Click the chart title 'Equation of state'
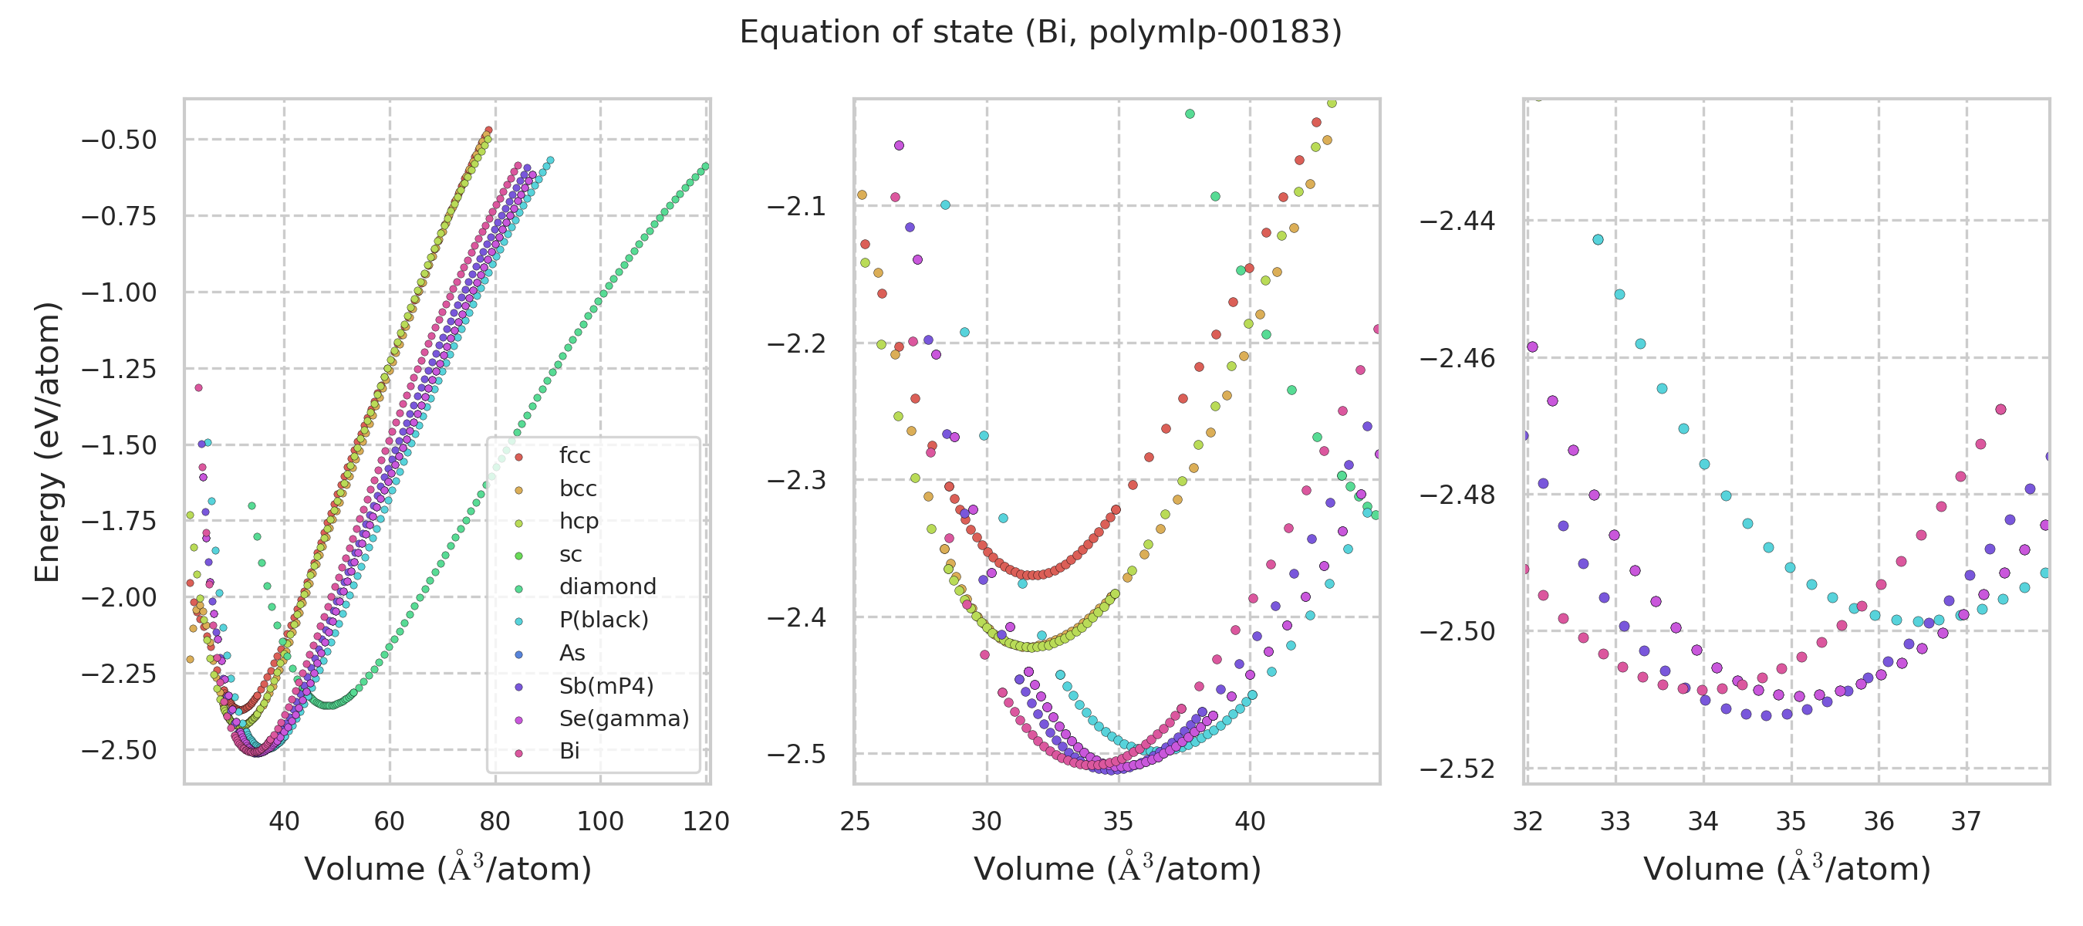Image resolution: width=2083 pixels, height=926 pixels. [1040, 32]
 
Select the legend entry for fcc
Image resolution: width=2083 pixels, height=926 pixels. [574, 455]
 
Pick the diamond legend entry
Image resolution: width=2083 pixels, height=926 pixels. [607, 586]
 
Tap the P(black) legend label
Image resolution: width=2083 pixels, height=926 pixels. [603, 620]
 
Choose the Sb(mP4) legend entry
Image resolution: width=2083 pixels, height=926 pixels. [606, 686]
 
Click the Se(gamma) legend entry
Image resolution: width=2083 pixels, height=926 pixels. [623, 718]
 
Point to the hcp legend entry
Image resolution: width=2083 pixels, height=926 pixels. [578, 521]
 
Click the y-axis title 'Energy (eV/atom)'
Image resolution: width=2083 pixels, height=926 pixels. [47, 441]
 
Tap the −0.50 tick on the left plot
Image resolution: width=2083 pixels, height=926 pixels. [119, 140]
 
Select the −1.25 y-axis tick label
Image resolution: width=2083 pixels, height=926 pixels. [119, 369]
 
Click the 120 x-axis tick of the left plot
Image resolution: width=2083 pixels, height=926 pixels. [706, 822]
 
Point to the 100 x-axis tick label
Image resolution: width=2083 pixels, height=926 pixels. [600, 822]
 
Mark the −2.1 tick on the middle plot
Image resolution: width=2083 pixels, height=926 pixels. [796, 206]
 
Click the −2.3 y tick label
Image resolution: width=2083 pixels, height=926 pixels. [796, 481]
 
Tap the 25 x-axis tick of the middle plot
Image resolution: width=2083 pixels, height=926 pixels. [855, 822]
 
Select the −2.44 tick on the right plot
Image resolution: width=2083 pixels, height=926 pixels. [1458, 221]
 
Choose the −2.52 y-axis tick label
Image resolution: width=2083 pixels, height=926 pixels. [1458, 769]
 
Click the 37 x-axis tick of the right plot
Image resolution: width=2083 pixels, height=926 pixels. [1966, 822]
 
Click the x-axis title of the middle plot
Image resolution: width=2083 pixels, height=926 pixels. [1116, 870]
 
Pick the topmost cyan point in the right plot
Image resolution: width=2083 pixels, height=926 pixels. [1598, 239]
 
